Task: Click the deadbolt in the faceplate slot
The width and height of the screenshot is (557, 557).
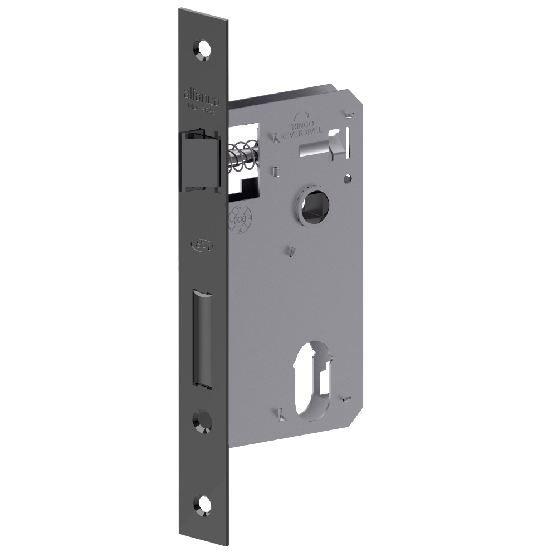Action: (x=203, y=337)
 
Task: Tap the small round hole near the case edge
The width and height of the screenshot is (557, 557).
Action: (x=348, y=179)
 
